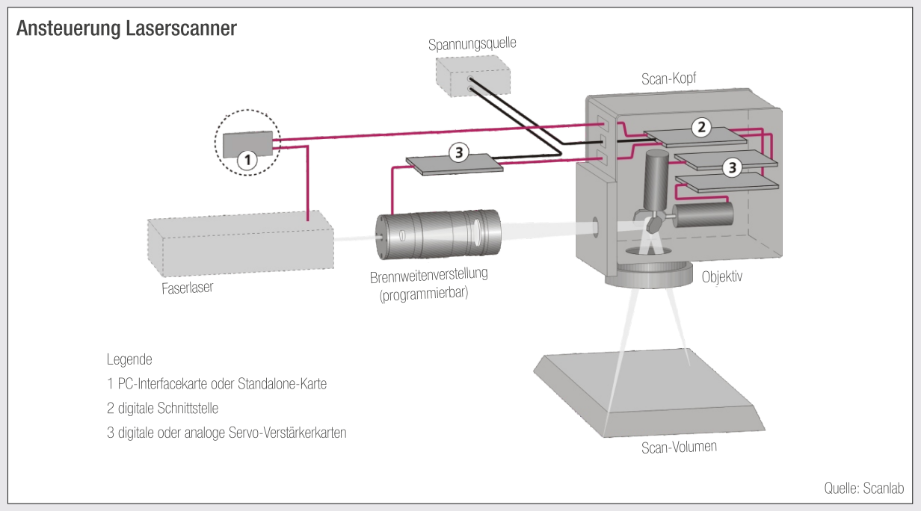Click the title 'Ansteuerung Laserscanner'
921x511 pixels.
[x=126, y=29]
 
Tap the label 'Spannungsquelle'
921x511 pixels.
[x=472, y=44]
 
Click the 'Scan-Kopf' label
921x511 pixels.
[x=669, y=79]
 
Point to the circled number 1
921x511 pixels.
[x=247, y=158]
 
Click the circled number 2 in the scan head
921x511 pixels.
[x=700, y=127]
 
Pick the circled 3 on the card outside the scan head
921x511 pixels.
[x=458, y=152]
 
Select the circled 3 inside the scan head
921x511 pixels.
[x=732, y=167]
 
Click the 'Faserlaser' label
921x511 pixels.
[x=188, y=287]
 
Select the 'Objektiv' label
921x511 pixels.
[x=721, y=276]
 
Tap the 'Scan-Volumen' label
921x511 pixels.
[x=679, y=447]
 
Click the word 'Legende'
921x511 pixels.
[x=129, y=359]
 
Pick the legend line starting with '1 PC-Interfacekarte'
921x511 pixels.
[x=217, y=384]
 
